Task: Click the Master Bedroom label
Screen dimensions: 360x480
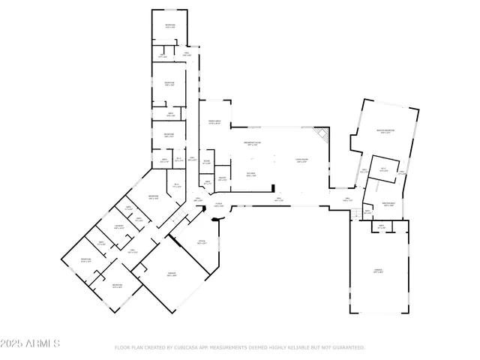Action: (x=385, y=131)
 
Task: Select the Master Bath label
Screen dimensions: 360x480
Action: (x=388, y=204)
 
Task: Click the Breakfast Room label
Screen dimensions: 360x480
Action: (x=253, y=144)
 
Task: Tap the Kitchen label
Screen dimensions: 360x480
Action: (x=251, y=175)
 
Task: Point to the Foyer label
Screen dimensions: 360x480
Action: (x=219, y=204)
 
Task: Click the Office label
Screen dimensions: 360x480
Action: (x=201, y=242)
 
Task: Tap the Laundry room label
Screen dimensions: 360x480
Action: (x=118, y=226)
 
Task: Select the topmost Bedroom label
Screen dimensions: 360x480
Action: (x=169, y=26)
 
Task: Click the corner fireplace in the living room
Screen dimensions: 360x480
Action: (x=322, y=135)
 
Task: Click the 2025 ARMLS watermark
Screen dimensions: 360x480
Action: (x=31, y=343)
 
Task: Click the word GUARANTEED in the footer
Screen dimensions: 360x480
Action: (x=349, y=348)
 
